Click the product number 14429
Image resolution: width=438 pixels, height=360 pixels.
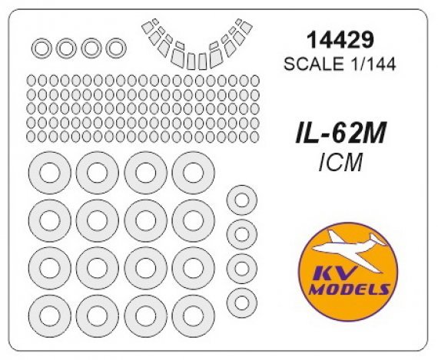[x=340, y=40]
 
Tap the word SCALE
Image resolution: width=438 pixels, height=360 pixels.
[x=314, y=64]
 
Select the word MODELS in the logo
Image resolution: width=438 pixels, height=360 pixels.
[x=349, y=289]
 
